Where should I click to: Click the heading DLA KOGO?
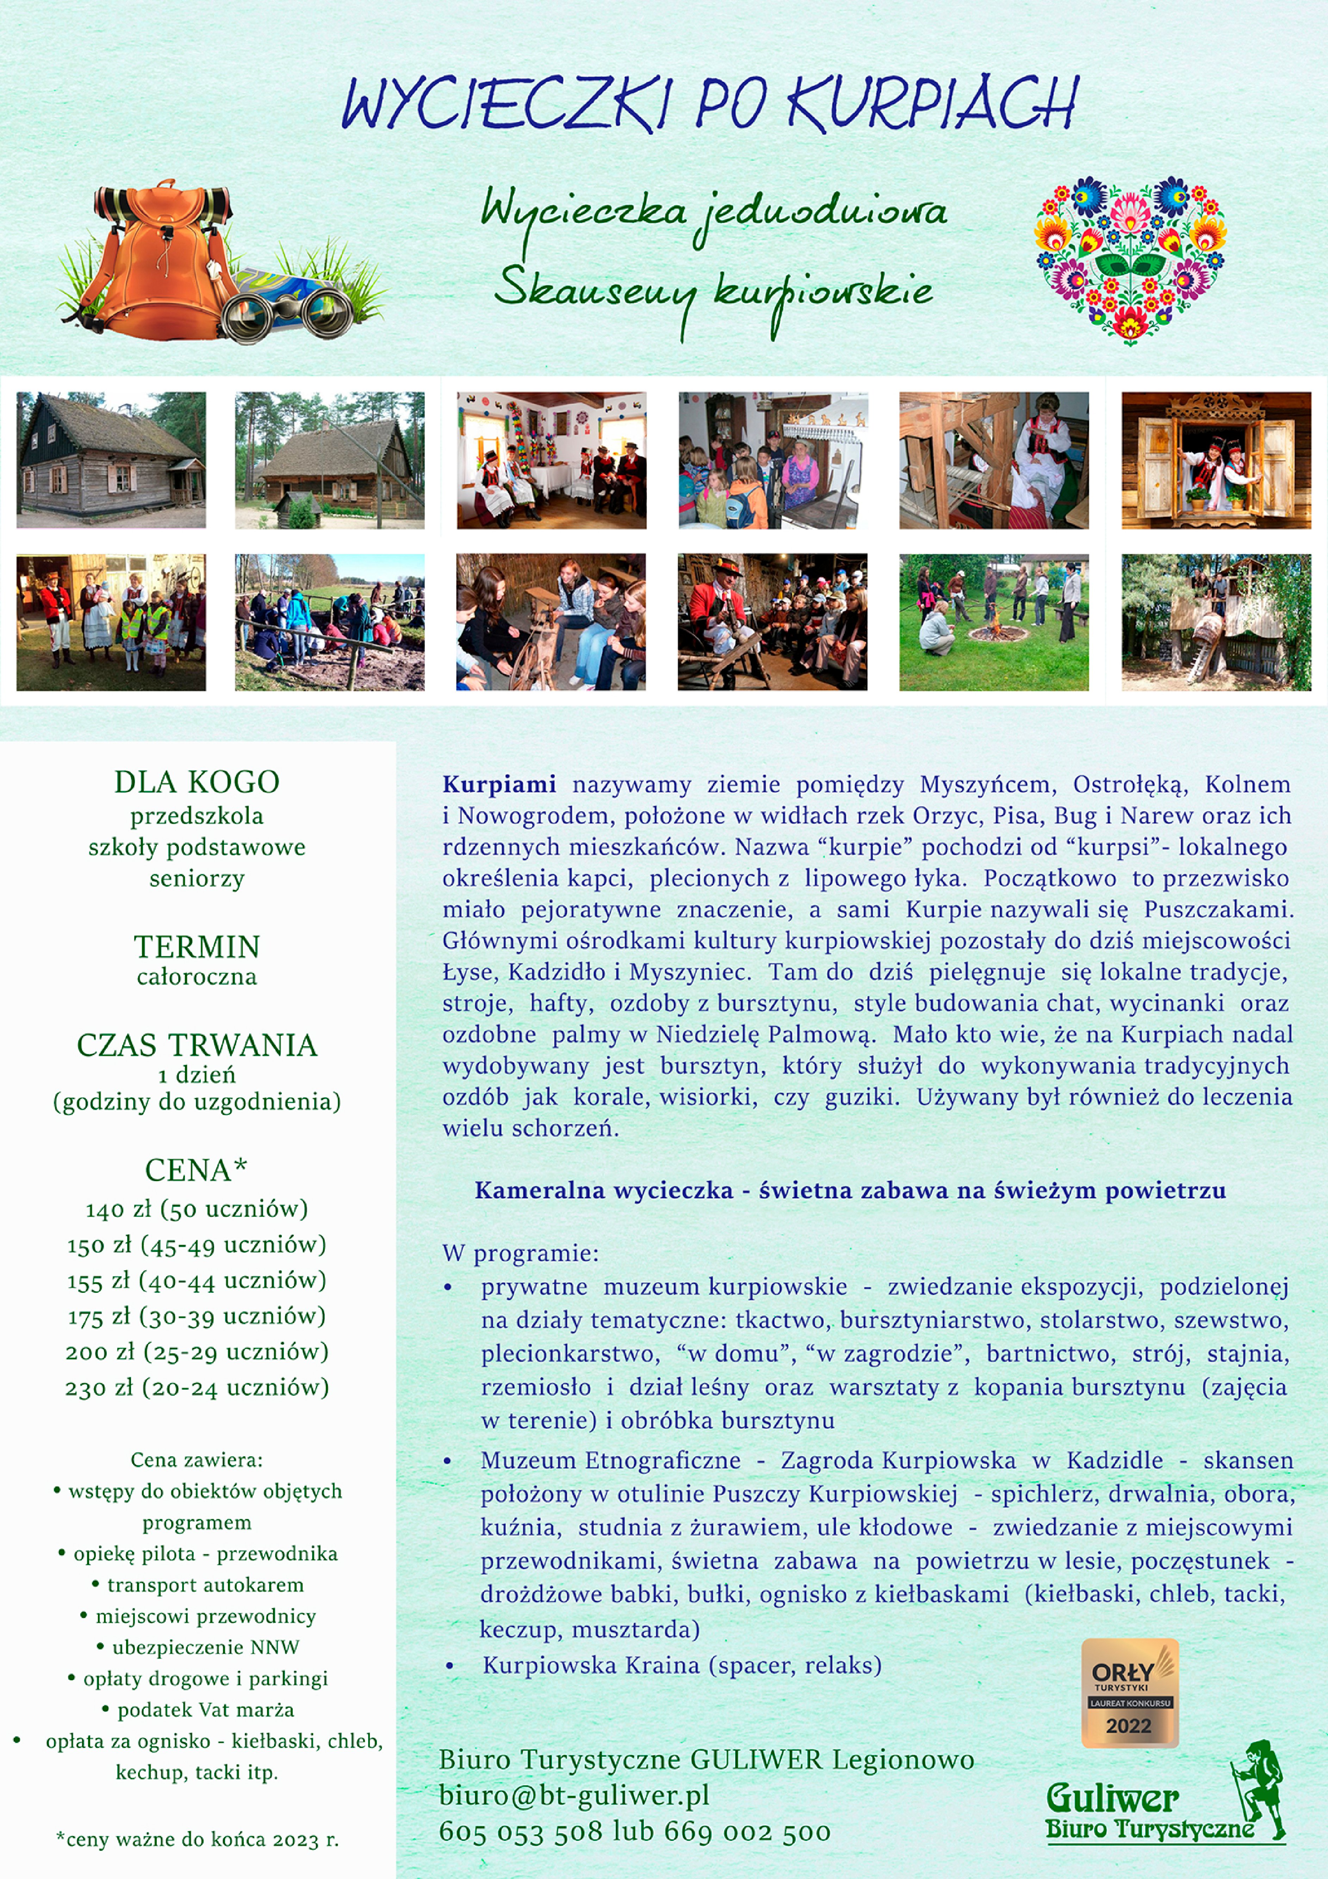point(196,782)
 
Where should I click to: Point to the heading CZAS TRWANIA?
point(196,1045)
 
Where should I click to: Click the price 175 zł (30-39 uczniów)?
point(196,1316)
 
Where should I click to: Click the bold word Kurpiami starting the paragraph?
point(499,784)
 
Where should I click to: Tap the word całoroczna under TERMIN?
point(196,976)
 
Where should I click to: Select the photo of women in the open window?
point(1216,460)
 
